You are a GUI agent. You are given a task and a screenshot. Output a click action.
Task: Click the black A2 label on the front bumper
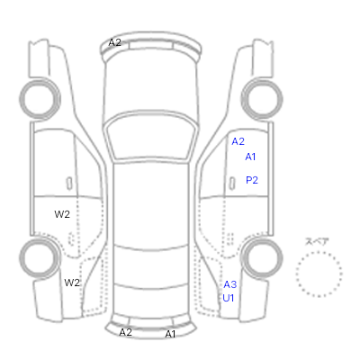point(114,42)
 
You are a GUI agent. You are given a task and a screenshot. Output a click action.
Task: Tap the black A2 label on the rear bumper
point(125,332)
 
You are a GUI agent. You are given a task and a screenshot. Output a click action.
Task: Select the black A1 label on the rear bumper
point(170,334)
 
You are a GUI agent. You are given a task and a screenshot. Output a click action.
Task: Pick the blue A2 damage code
point(238,141)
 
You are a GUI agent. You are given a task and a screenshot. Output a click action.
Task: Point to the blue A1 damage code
point(250,157)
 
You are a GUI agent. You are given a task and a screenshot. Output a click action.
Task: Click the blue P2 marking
point(252,180)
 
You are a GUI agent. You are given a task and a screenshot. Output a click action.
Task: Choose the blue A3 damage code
point(230,284)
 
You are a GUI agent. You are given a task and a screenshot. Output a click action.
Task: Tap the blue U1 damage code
point(229,298)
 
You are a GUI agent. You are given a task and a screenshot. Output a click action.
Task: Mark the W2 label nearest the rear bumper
point(72,283)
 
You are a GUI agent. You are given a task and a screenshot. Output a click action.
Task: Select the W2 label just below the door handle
point(62,214)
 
